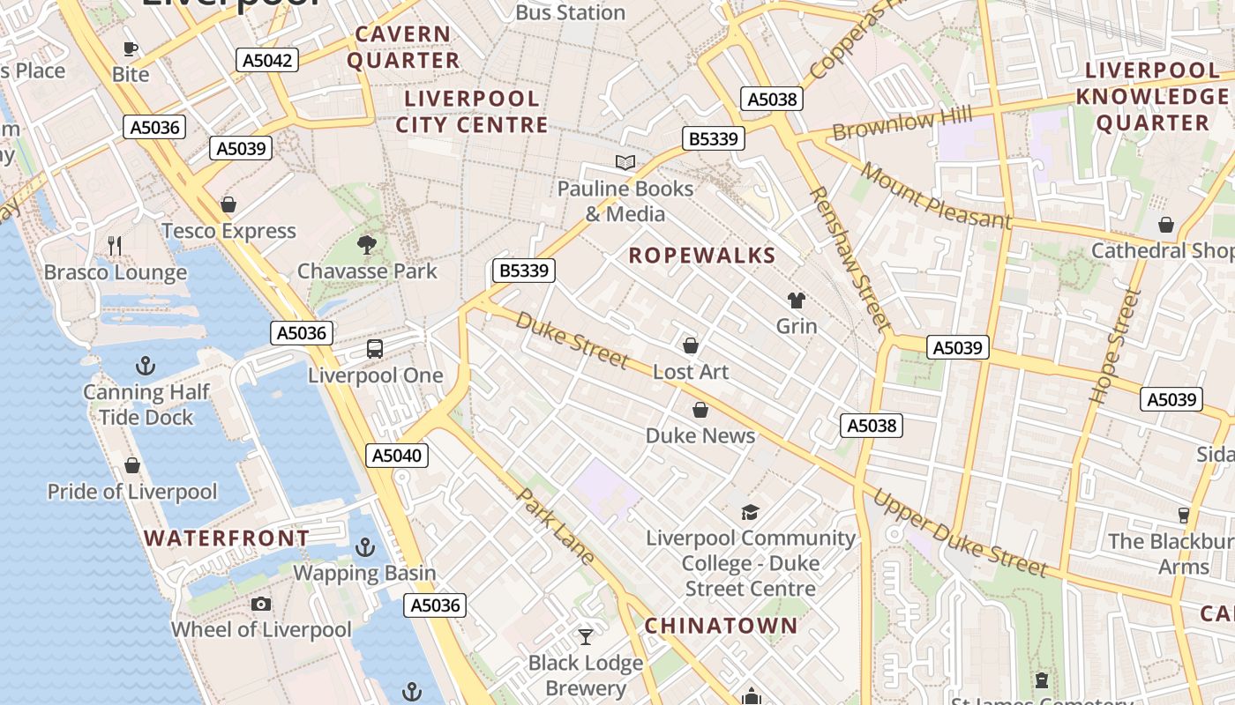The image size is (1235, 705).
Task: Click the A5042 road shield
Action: tap(267, 60)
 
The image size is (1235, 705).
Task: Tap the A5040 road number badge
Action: tap(398, 456)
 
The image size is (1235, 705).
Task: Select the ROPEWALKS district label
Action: tap(701, 256)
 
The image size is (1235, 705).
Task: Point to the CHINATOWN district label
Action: tap(721, 627)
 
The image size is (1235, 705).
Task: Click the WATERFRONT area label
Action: tap(227, 538)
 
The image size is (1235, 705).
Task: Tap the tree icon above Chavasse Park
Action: tap(367, 244)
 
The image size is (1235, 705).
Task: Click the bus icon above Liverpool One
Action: tap(375, 349)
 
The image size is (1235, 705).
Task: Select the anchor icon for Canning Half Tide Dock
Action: tap(146, 365)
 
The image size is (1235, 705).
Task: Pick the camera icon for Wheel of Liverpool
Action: tap(260, 604)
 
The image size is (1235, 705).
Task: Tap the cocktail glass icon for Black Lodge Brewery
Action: tap(586, 636)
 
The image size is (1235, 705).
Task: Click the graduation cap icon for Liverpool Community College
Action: tap(750, 512)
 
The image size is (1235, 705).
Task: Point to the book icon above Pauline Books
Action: tap(625, 162)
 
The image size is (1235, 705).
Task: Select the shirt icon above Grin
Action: tap(797, 300)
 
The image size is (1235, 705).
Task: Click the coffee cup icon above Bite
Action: tap(131, 48)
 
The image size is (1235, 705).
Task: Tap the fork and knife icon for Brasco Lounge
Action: tap(115, 246)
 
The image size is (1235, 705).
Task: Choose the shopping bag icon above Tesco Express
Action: tap(228, 204)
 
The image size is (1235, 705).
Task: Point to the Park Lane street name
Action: tap(555, 526)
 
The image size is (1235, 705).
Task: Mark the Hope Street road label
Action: tap(1111, 346)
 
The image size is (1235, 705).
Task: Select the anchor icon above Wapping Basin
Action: tap(364, 547)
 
